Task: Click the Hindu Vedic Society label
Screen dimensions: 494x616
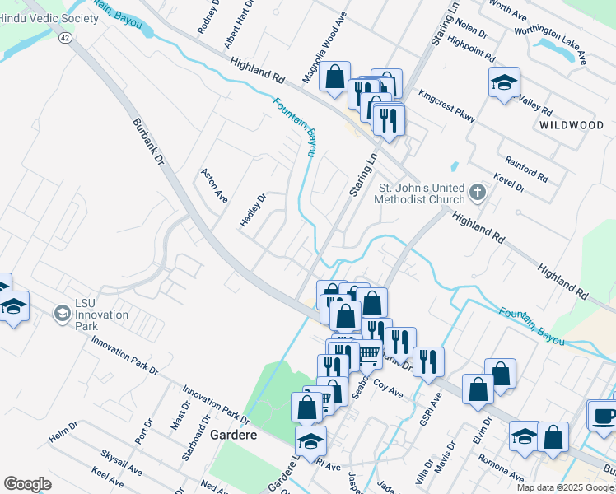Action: pos(42,18)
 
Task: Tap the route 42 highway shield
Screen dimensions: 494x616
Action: pos(65,37)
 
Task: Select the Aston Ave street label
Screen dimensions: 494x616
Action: pos(214,186)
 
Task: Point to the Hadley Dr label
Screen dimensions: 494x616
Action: pos(254,212)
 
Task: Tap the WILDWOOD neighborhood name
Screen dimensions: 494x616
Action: pos(572,125)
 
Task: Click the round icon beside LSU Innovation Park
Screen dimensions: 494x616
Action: pos(62,314)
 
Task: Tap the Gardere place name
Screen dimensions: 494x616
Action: pos(233,434)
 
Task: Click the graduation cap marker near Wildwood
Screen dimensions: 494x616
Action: pos(504,82)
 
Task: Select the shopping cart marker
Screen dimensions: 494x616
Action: pos(369,354)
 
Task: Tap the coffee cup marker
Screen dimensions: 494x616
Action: pos(604,415)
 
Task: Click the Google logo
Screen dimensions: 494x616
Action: pos(28,484)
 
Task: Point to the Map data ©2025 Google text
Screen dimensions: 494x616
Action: pos(563,487)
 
